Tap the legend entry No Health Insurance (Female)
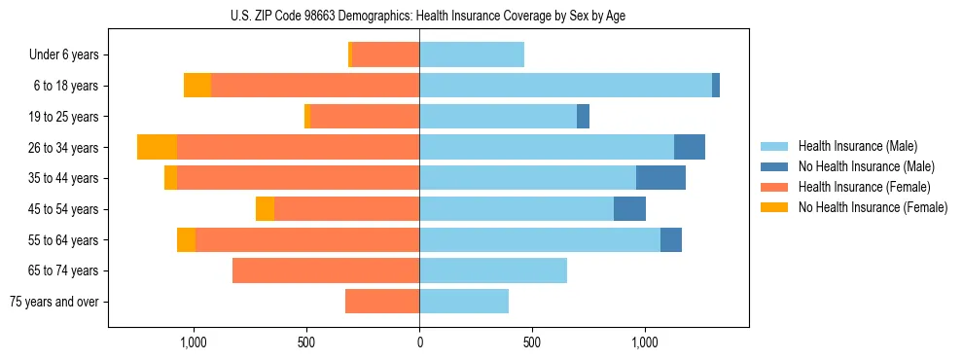(x=873, y=207)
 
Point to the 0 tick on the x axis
(x=419, y=342)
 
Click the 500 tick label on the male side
(x=532, y=342)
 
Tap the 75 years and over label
(x=54, y=302)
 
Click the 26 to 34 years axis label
(x=64, y=148)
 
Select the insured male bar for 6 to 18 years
(x=565, y=86)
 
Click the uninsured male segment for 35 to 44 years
(x=660, y=178)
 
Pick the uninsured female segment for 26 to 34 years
(x=157, y=147)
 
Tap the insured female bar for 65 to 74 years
(x=326, y=270)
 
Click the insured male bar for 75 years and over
(x=464, y=302)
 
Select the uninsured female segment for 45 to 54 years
(x=265, y=209)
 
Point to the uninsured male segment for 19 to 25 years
(x=583, y=117)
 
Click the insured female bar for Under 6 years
(x=385, y=54)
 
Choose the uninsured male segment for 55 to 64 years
(x=671, y=240)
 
